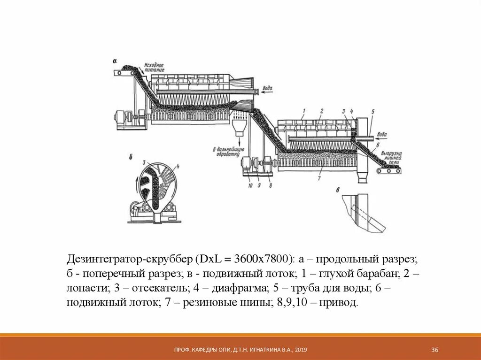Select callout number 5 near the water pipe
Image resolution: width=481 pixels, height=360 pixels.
pyautogui.click(x=372, y=112)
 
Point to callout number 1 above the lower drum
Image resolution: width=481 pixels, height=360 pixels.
pyautogui.click(x=303, y=111)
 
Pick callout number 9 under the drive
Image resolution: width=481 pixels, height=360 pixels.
pyautogui.click(x=260, y=185)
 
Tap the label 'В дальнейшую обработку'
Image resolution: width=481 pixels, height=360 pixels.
pyautogui.click(x=227, y=152)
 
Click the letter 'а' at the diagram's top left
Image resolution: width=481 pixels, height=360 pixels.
pyautogui.click(x=115, y=61)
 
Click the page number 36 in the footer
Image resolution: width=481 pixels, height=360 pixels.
pyautogui.click(x=434, y=350)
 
